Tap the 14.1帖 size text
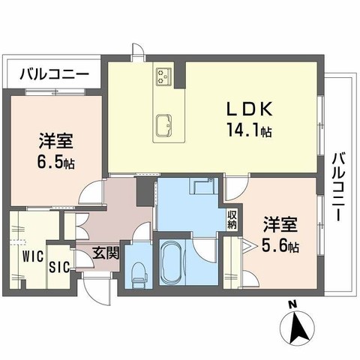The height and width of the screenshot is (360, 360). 249,130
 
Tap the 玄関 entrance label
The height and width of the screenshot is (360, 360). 106,253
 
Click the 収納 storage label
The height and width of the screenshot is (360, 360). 232,219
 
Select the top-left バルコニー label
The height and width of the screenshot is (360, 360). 54,75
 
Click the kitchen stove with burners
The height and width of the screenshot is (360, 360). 165,76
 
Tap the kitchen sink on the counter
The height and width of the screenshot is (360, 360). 164,123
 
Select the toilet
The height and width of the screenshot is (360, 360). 136,274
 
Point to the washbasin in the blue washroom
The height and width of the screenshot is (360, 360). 200,187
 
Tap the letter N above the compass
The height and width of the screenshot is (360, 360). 292,304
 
